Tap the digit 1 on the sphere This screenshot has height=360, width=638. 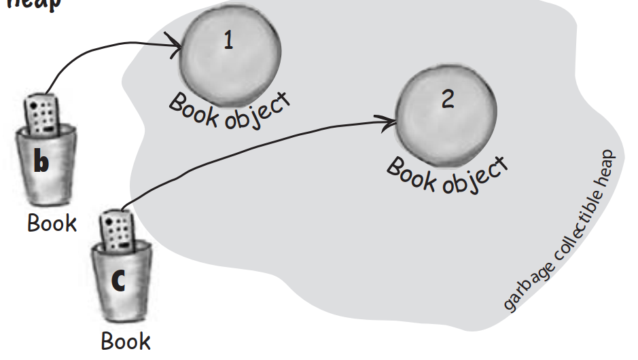pyautogui.click(x=229, y=41)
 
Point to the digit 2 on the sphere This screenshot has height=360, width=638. pyautogui.click(x=447, y=99)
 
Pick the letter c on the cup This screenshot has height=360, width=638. pyautogui.click(x=118, y=281)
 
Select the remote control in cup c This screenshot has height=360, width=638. pyautogui.click(x=116, y=231)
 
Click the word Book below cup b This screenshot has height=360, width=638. pyautogui.click(x=52, y=223)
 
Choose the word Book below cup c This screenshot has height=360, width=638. pyautogui.click(x=126, y=340)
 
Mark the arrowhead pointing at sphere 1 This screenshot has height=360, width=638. pyautogui.click(x=176, y=46)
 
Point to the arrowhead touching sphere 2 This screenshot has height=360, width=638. pyautogui.click(x=391, y=122)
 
